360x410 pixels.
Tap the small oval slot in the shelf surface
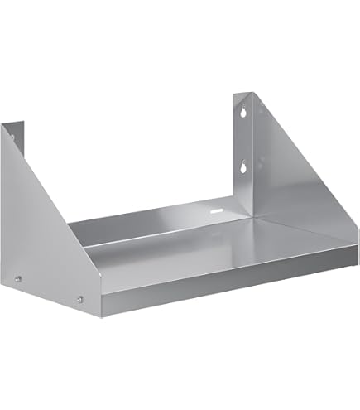tap(218, 213)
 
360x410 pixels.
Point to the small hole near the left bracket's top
tap(14, 130)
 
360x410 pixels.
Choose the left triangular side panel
tap(41, 240)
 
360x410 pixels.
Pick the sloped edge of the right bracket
tap(298, 149)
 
